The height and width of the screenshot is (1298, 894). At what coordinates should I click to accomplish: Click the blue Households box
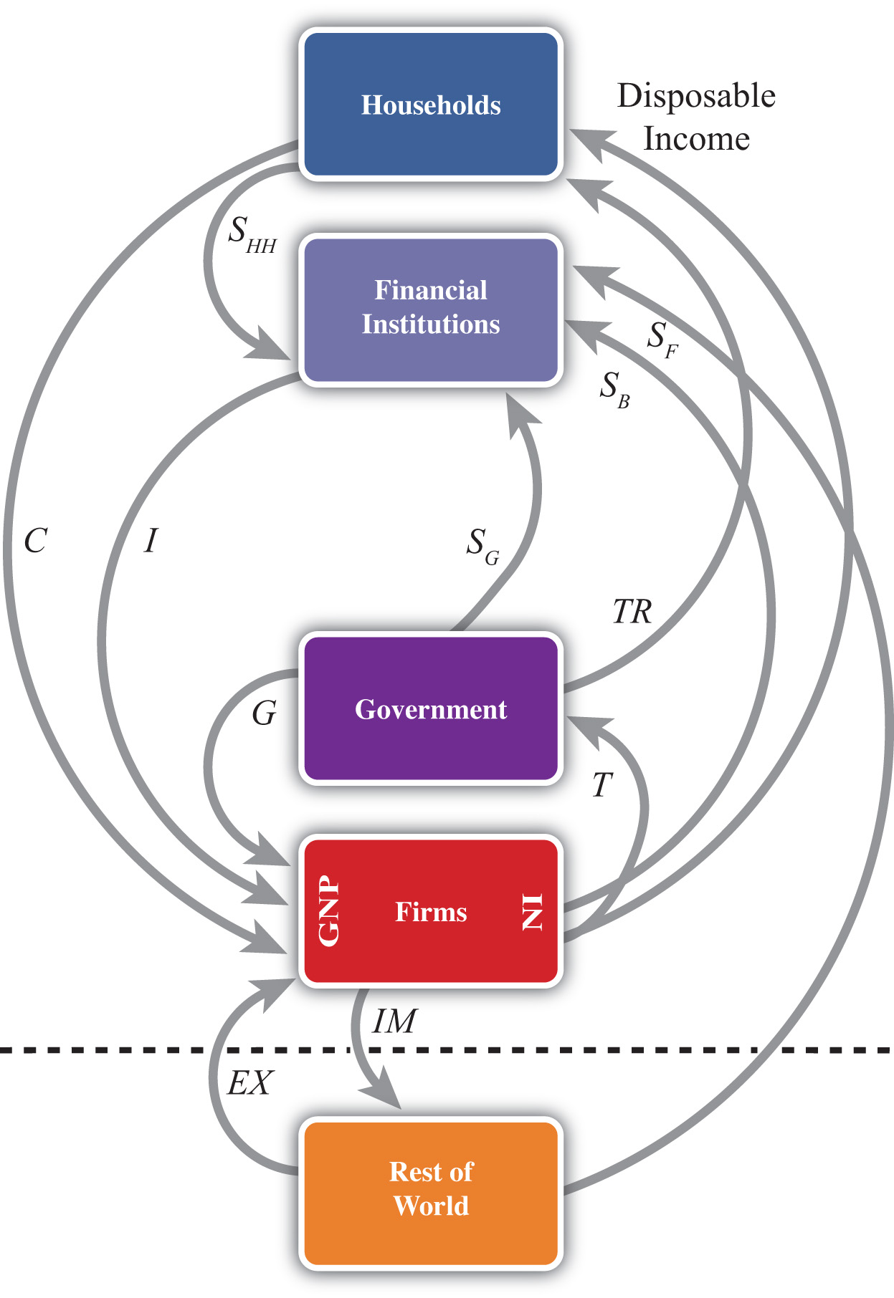pyautogui.click(x=431, y=105)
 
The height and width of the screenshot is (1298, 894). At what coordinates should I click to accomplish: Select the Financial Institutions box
pyautogui.click(x=431, y=309)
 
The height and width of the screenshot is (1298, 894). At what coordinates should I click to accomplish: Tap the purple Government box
pyautogui.click(x=431, y=708)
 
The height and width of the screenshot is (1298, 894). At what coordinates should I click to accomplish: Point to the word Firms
pyautogui.click(x=431, y=912)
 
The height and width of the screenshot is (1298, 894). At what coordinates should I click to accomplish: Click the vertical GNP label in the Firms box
pyautogui.click(x=329, y=911)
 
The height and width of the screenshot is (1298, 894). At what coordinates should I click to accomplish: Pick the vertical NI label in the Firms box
pyautogui.click(x=533, y=912)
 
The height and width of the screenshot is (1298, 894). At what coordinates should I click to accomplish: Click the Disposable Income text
pyautogui.click(x=696, y=117)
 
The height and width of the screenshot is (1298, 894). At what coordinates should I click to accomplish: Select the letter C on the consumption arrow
pyautogui.click(x=35, y=541)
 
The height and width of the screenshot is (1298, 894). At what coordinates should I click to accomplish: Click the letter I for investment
pyautogui.click(x=151, y=541)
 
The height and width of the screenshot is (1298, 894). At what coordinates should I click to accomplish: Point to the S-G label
pyautogui.click(x=482, y=547)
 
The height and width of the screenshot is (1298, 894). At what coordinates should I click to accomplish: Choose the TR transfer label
pyautogui.click(x=632, y=612)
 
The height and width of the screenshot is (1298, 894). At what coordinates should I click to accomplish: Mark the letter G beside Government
pyautogui.click(x=265, y=713)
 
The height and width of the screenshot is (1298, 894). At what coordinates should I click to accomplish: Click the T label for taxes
pyautogui.click(x=602, y=785)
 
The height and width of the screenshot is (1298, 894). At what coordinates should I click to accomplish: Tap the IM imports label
pyautogui.click(x=394, y=1021)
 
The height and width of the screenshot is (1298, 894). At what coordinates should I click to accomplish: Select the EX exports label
pyautogui.click(x=249, y=1083)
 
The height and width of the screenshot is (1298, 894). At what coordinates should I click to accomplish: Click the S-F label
pyautogui.click(x=662, y=340)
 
